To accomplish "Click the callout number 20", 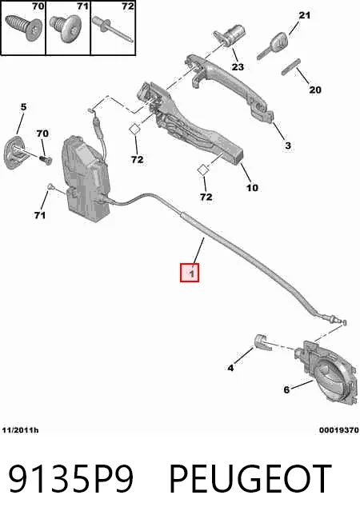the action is [315, 90].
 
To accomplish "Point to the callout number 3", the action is [288, 146].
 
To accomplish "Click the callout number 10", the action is [252, 188].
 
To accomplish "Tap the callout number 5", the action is [23, 106].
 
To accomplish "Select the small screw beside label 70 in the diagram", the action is [46, 159].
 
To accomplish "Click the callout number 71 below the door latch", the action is [40, 215].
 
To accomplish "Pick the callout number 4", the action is [230, 368].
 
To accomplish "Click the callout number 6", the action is [286, 389].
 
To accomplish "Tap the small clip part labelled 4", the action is [262, 342].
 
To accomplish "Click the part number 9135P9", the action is [70, 479].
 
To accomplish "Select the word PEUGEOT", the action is [250, 479].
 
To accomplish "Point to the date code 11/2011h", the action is [20, 430].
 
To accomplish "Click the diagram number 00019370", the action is [339, 430].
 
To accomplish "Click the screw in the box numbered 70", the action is [24, 26].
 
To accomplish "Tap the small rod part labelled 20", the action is [291, 67].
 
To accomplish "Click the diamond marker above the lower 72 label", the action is [202, 170].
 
